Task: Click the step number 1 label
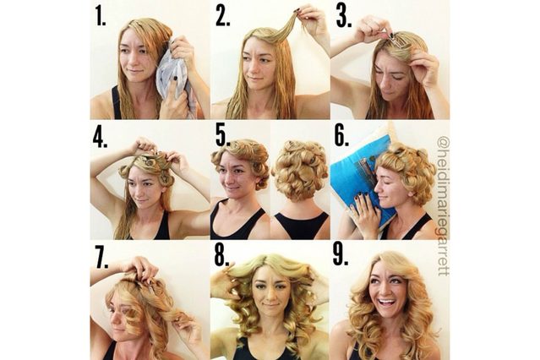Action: tap(101, 17)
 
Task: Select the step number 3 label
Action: tap(342, 17)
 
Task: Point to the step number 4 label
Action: tap(102, 137)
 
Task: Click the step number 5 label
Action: tap(223, 137)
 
